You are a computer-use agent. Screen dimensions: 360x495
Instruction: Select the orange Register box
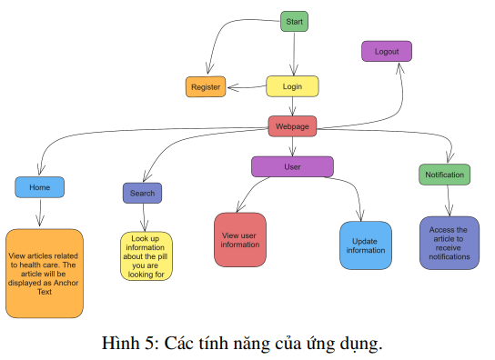pos(206,87)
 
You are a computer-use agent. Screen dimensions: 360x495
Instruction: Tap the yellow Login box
pos(292,86)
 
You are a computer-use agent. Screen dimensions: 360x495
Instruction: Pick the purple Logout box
pos(387,51)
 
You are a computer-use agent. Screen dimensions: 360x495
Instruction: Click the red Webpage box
pos(292,125)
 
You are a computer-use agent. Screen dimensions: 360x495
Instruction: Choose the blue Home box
pos(40,187)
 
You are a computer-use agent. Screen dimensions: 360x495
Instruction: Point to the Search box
pos(142,193)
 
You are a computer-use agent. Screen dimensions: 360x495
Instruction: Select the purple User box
pos(292,166)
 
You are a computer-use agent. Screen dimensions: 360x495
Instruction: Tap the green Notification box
pos(445,175)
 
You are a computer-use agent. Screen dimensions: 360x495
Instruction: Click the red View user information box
pos(240,240)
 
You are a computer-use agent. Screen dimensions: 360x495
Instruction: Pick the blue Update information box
pos(366,245)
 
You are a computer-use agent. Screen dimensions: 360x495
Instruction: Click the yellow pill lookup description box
pos(146,255)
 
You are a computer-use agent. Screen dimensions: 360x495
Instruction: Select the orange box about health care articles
pos(43,273)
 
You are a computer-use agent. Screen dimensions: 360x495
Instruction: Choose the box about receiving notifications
pos(449,244)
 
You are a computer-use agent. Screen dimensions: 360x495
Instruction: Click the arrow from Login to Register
pos(246,88)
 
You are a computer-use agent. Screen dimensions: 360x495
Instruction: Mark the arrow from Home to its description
pos(40,213)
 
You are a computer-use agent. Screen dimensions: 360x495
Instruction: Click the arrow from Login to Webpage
pos(292,106)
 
